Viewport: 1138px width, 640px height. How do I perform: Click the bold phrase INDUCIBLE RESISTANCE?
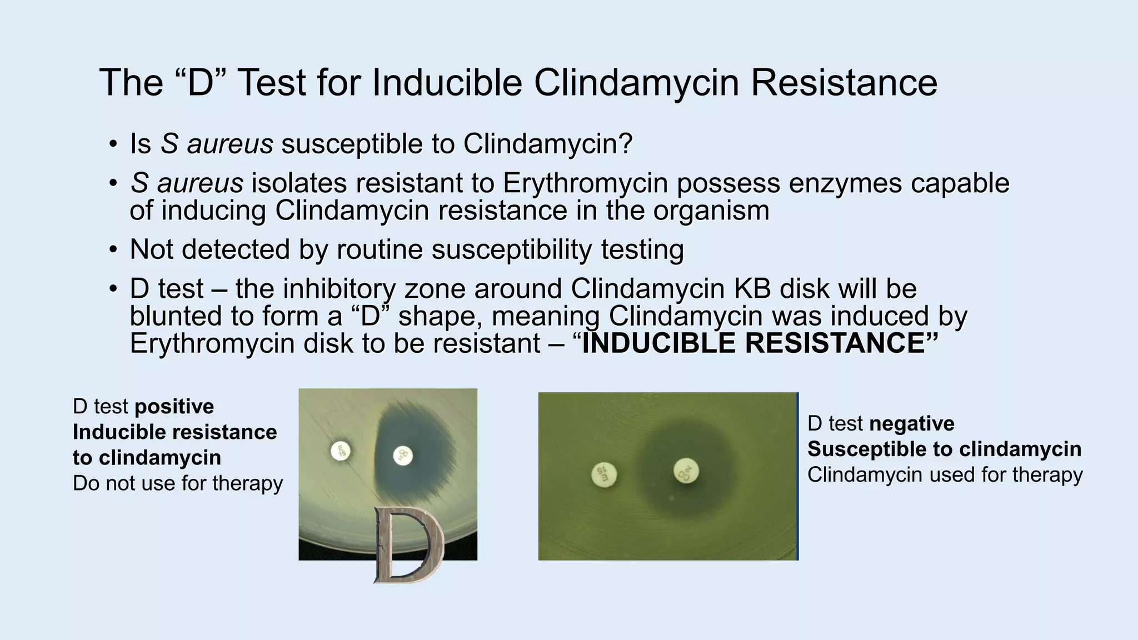pyautogui.click(x=752, y=343)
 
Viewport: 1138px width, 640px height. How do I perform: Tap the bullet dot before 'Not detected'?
pyautogui.click(x=113, y=250)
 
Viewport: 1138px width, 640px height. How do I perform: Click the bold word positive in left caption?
pyautogui.click(x=173, y=407)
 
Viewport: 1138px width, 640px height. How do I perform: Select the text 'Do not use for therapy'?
pyautogui.click(x=178, y=483)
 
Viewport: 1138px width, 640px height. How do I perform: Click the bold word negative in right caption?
pyautogui.click(x=911, y=424)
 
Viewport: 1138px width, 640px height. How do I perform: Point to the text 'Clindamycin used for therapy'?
pyautogui.click(x=945, y=475)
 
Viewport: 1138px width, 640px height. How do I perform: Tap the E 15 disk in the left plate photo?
pyautogui.click(x=341, y=451)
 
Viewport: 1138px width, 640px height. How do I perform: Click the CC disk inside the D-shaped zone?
pyautogui.click(x=403, y=456)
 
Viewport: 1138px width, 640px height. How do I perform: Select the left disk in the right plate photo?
pyautogui.click(x=604, y=475)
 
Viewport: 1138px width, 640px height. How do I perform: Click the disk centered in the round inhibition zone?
pyautogui.click(x=686, y=471)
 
